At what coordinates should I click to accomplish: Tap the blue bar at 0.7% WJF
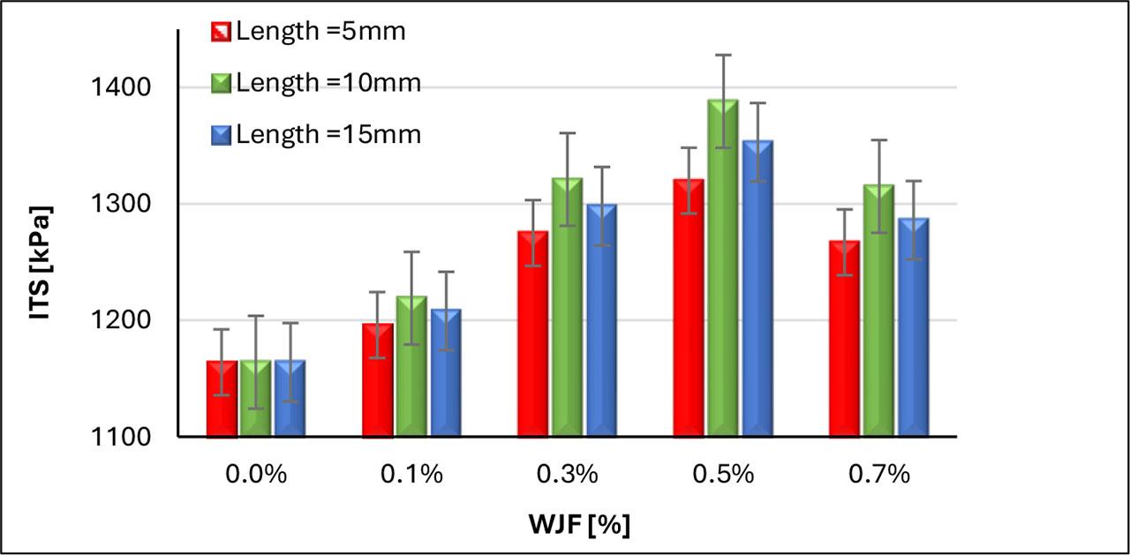tap(914, 335)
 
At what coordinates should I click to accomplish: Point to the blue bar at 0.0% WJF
tap(290, 401)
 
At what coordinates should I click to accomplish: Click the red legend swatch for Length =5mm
tap(221, 33)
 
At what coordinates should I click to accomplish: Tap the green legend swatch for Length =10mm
tap(221, 84)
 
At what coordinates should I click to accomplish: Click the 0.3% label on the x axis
tap(568, 474)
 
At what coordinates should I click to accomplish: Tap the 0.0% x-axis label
tap(256, 474)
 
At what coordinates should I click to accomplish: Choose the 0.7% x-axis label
tap(879, 474)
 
